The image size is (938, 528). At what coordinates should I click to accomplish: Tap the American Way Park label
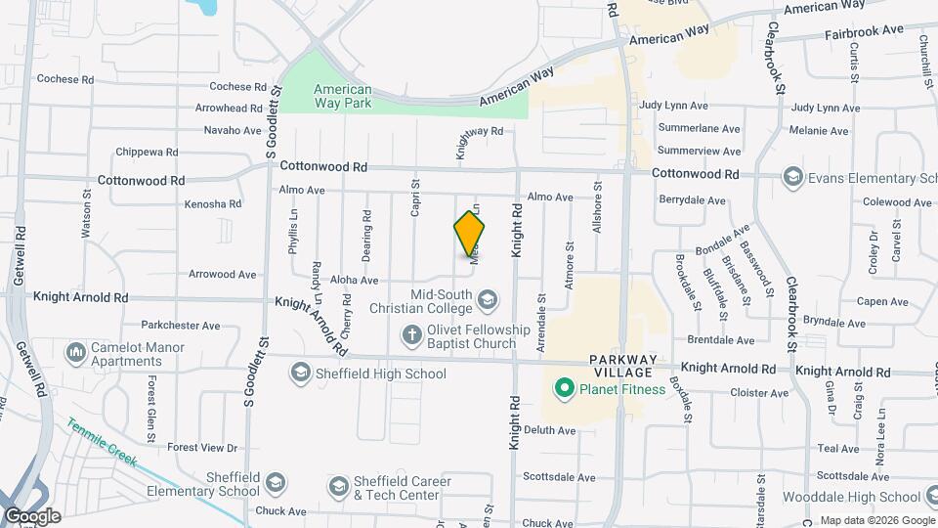[x=342, y=95]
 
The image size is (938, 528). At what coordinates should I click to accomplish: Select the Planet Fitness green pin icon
[x=563, y=389]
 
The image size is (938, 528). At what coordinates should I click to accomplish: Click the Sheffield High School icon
[x=300, y=373]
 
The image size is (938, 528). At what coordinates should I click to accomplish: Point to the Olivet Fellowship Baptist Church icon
[x=412, y=336]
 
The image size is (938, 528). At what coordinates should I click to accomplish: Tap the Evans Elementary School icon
[x=791, y=177]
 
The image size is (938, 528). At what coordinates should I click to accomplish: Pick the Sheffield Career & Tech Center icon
[x=338, y=487]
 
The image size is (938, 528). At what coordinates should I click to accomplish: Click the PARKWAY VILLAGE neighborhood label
[x=627, y=367]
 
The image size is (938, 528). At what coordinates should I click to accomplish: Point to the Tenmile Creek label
[x=102, y=443]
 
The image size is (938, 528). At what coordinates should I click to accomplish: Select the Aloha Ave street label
[x=355, y=280]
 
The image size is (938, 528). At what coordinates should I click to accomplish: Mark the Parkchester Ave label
[x=181, y=325]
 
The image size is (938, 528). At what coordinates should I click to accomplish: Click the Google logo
[x=32, y=516]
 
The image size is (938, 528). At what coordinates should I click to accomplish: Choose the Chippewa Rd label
[x=147, y=153]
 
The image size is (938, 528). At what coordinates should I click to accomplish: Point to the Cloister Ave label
[x=759, y=393]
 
